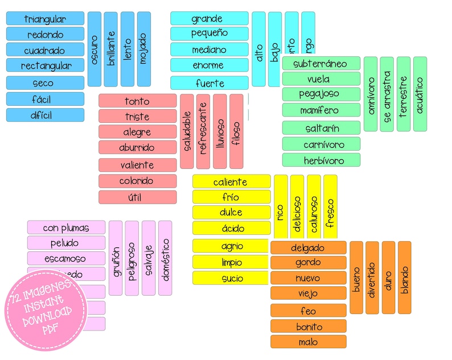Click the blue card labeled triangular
[45, 19]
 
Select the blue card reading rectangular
[45, 65]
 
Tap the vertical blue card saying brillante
[111, 48]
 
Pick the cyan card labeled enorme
[209, 65]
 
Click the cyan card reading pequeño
[209, 34]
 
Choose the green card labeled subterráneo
[321, 63]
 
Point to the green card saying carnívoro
[321, 144]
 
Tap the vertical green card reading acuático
[420, 94]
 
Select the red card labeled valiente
[137, 165]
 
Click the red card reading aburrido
[137, 147]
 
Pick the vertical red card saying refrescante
[203, 131]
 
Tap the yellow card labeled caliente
[231, 182]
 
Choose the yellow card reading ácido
[231, 228]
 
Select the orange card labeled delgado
[308, 247]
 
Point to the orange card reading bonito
[308, 326]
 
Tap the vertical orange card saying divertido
[372, 278]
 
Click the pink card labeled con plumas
[66, 227]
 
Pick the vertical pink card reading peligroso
[132, 258]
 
